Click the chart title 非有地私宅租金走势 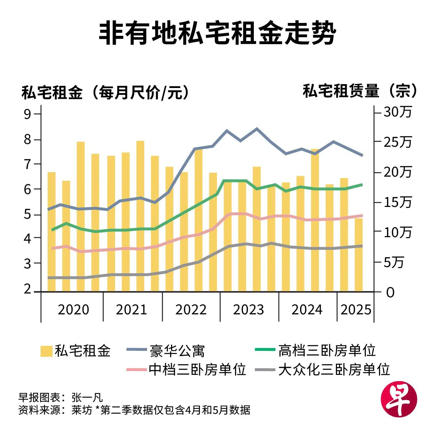[x=217, y=34]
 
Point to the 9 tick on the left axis [x=27, y=114]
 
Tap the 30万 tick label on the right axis [x=397, y=112]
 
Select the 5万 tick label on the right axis [x=394, y=262]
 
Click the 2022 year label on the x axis [x=191, y=309]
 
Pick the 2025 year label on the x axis [x=356, y=309]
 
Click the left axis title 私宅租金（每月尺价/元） [x=106, y=92]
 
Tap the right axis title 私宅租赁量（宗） [x=360, y=91]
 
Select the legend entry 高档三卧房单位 [x=327, y=351]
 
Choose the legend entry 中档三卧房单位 [x=197, y=369]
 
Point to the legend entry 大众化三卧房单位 [x=334, y=369]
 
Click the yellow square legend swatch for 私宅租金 [x=46, y=351]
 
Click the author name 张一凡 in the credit [x=87, y=397]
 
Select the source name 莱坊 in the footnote [x=82, y=410]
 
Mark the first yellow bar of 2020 [x=51, y=232]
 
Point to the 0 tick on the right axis [x=390, y=292]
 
